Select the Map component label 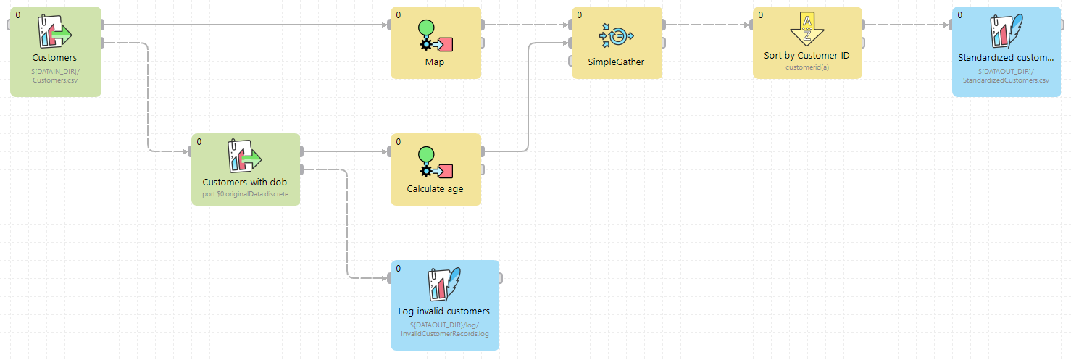click(x=435, y=62)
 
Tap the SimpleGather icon click(x=617, y=34)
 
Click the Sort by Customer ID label click(x=807, y=56)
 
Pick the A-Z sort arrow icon click(x=807, y=30)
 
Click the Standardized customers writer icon click(x=1006, y=31)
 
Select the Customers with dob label click(x=245, y=183)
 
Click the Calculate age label click(x=435, y=188)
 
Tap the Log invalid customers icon click(x=444, y=284)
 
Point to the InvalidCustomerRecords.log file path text click(x=444, y=334)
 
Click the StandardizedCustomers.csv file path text click(x=1006, y=80)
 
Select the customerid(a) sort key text click(x=807, y=67)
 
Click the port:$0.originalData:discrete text click(x=245, y=194)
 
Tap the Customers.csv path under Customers click(x=55, y=80)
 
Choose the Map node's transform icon click(x=436, y=35)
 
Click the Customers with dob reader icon click(x=245, y=156)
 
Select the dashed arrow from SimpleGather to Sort click(x=707, y=25)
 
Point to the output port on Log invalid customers click(x=500, y=278)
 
